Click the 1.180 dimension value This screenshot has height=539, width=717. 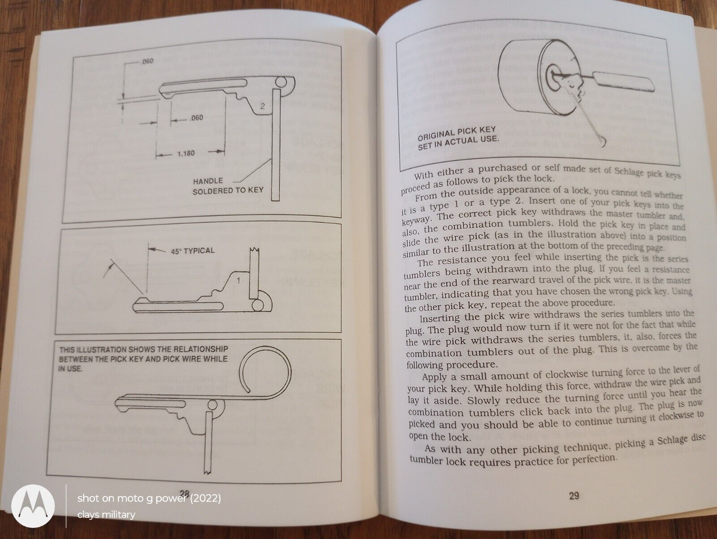(x=186, y=153)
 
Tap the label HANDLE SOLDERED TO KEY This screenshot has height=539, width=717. (x=228, y=185)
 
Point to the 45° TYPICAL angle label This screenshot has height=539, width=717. (x=193, y=251)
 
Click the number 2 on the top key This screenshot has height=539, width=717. (x=263, y=106)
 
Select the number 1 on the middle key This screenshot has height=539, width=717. (x=238, y=281)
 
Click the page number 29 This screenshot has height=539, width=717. (x=574, y=495)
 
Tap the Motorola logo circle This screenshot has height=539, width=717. (x=33, y=506)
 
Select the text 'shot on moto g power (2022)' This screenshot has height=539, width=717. (x=149, y=498)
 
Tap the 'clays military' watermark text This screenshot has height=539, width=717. (x=106, y=515)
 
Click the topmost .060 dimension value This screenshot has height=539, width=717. (x=147, y=61)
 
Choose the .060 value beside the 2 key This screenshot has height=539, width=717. (x=196, y=118)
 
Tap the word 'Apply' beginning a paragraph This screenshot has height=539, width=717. (x=435, y=377)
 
